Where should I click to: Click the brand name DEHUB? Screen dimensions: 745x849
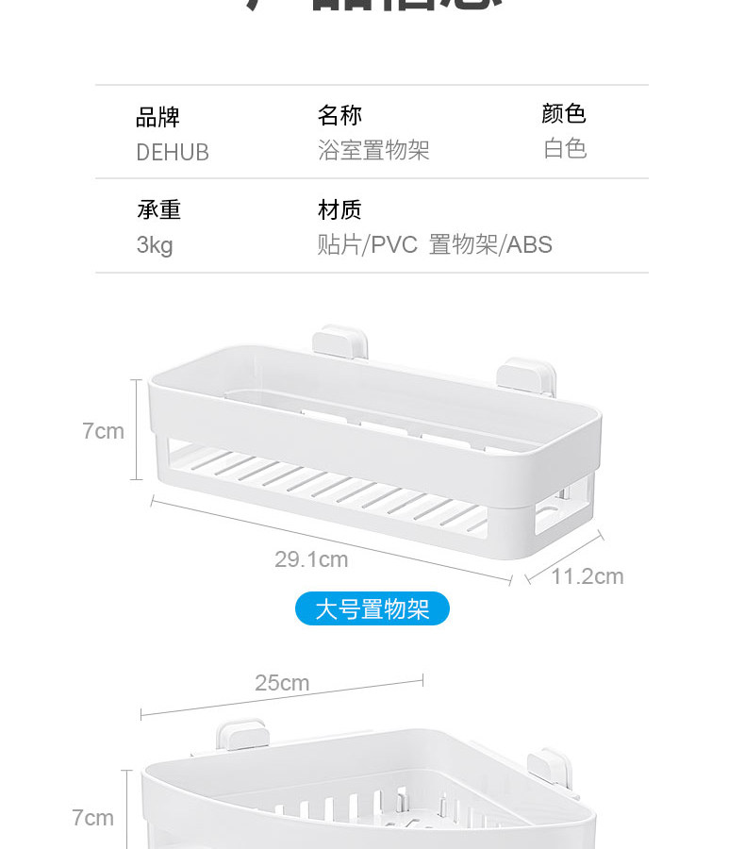(173, 152)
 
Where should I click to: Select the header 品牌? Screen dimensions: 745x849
(157, 117)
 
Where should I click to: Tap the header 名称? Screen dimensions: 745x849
(339, 115)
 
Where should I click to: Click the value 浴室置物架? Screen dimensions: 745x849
(373, 150)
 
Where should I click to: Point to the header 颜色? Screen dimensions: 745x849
(564, 114)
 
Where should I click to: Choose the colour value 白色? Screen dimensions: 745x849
(565, 148)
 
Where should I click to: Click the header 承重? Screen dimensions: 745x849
(158, 209)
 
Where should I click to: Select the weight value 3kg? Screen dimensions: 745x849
(155, 245)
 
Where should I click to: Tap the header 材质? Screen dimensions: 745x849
(339, 209)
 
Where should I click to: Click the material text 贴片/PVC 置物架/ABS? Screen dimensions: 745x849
(435, 245)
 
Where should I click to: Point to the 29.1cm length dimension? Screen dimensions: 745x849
(311, 559)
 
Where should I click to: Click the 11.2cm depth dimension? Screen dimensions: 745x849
(588, 576)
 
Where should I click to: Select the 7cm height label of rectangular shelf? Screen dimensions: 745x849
(103, 431)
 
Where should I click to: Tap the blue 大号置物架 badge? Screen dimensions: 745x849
(372, 609)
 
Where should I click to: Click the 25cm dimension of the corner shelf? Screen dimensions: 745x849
(282, 683)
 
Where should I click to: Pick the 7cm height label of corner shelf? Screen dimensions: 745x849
(93, 818)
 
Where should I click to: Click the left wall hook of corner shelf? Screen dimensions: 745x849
(240, 738)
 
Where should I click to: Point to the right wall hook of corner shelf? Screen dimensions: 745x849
(547, 765)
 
